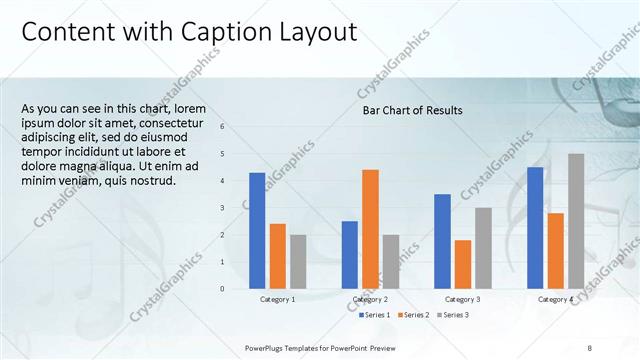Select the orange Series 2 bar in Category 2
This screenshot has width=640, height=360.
pos(370,229)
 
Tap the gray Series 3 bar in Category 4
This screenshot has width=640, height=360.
pos(576,221)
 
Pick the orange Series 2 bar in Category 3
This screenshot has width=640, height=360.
pos(462,264)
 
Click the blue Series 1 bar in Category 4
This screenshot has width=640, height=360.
pos(535,228)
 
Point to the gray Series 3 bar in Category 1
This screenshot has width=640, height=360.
pos(298,262)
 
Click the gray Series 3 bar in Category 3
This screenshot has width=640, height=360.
pos(483,248)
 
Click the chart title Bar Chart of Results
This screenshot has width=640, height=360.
pos(412,110)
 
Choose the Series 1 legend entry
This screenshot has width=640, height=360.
pos(374,315)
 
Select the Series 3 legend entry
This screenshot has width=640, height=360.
pos(451,315)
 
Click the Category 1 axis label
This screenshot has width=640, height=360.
pos(278,299)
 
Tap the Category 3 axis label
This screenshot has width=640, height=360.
pos(462,299)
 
